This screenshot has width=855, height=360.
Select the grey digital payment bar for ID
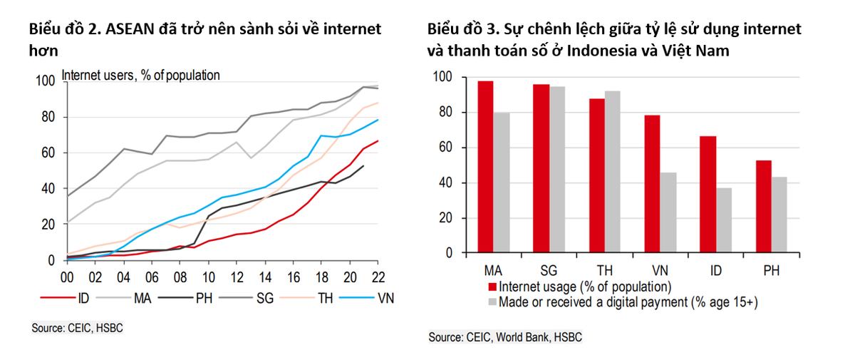(x=723, y=220)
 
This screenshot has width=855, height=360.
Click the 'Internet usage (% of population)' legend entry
(x=584, y=287)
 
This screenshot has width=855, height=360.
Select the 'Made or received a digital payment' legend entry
(x=627, y=302)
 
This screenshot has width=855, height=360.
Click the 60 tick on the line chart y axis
(x=47, y=153)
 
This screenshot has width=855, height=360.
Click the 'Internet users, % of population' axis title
(x=141, y=74)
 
